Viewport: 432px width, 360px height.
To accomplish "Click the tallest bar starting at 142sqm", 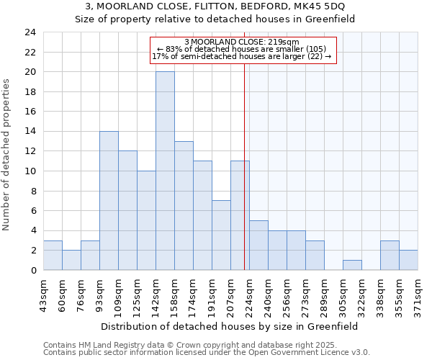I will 165,171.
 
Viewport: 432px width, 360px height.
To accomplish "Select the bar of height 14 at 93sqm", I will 109,200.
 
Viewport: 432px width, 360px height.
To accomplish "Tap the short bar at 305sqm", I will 352,265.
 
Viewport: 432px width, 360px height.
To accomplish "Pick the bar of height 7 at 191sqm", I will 221,235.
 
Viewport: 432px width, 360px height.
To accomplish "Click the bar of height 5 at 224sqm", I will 258,245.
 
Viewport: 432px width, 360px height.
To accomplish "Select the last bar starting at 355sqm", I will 408,260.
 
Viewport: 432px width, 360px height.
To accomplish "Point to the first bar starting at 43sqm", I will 53,255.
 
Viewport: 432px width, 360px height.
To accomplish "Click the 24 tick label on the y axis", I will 30,32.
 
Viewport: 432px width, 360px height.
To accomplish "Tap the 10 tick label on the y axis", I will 30,171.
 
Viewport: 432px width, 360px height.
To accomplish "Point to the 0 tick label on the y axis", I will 32,270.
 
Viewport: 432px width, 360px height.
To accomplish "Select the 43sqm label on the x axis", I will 43,293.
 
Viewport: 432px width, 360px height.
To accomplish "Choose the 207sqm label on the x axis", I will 230,293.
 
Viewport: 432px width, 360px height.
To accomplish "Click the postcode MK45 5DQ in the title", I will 312,6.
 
